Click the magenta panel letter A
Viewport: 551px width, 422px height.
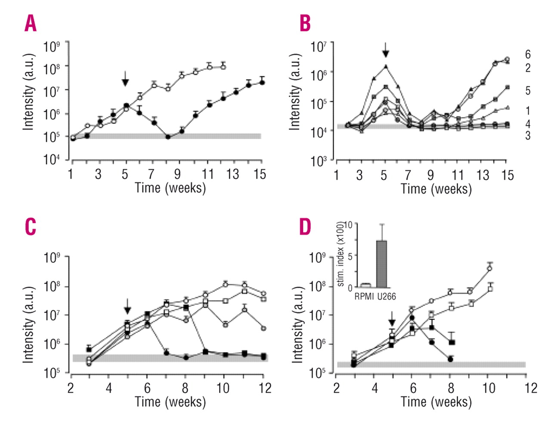31,23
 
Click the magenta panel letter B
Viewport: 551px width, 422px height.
305,23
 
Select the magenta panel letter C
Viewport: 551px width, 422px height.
31,226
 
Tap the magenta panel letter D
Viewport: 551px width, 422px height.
305,226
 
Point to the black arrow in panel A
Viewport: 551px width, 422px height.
125,79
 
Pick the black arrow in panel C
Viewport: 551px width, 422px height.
127,306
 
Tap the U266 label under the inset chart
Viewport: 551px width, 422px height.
387,297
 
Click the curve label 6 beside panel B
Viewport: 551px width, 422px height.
528,55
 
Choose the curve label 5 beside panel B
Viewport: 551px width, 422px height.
528,91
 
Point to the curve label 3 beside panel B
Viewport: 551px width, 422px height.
528,136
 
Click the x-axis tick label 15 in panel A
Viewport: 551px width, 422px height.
260,174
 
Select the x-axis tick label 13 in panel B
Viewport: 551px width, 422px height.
483,175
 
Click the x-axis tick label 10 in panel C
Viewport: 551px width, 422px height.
223,388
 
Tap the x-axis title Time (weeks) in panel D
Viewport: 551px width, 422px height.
436,402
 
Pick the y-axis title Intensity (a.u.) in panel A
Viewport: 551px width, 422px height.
29,92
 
